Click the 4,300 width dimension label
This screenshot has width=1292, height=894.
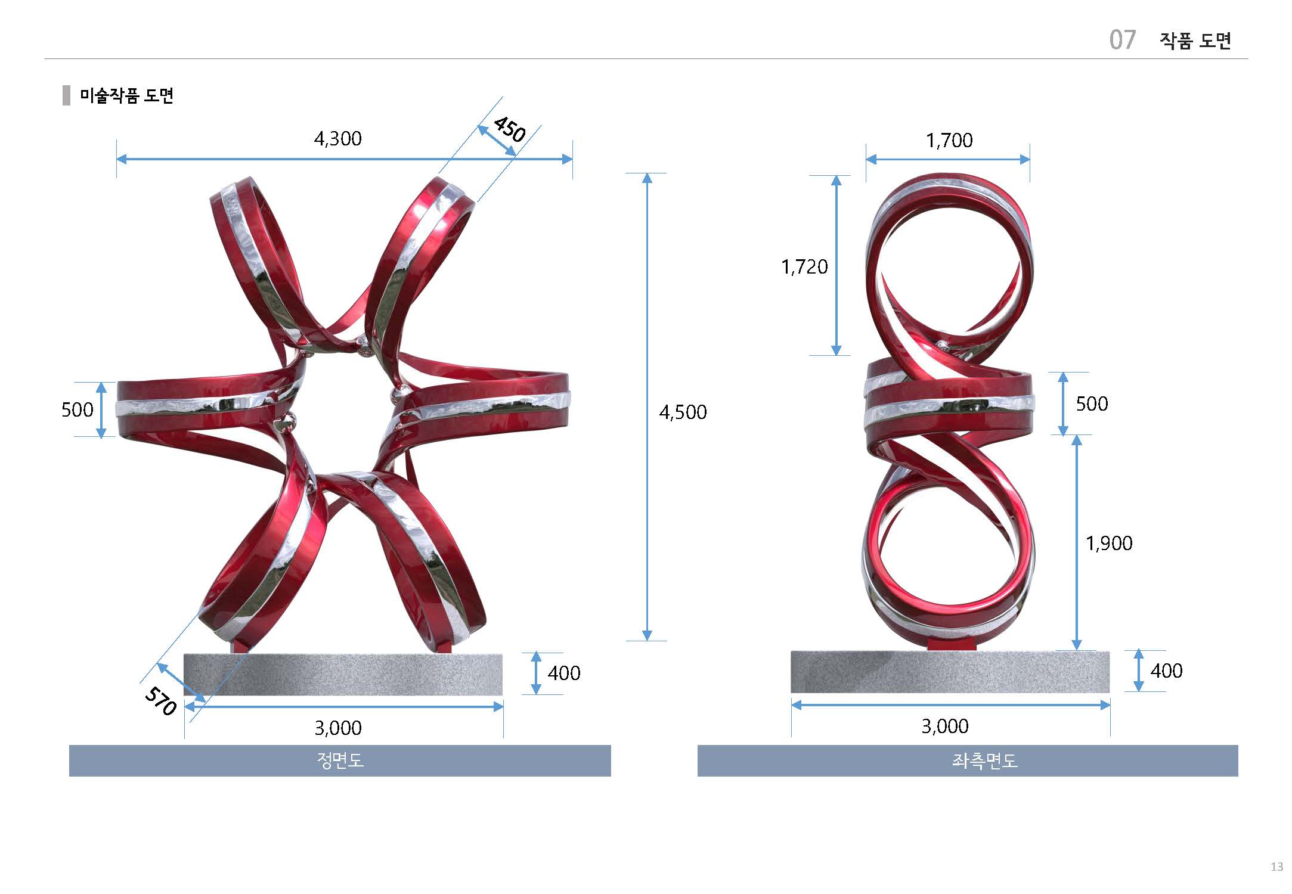pos(337,139)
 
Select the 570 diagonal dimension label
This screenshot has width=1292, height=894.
pos(161,701)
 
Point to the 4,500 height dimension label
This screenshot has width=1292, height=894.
pos(683,412)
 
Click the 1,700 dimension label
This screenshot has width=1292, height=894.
pos(949,141)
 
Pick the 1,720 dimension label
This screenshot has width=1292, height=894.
pos(804,266)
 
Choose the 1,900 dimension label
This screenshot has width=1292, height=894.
pos(1108,543)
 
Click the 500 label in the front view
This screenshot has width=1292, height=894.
pos(78,409)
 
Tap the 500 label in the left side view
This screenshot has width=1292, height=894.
pos(1092,403)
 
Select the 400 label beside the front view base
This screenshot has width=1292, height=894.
pos(564,673)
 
